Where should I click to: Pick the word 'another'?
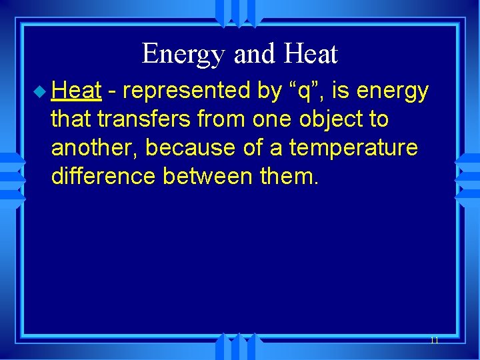(x=93, y=148)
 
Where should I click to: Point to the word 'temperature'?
(x=353, y=149)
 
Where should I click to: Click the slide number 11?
(x=434, y=340)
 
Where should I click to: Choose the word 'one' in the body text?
(x=274, y=120)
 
